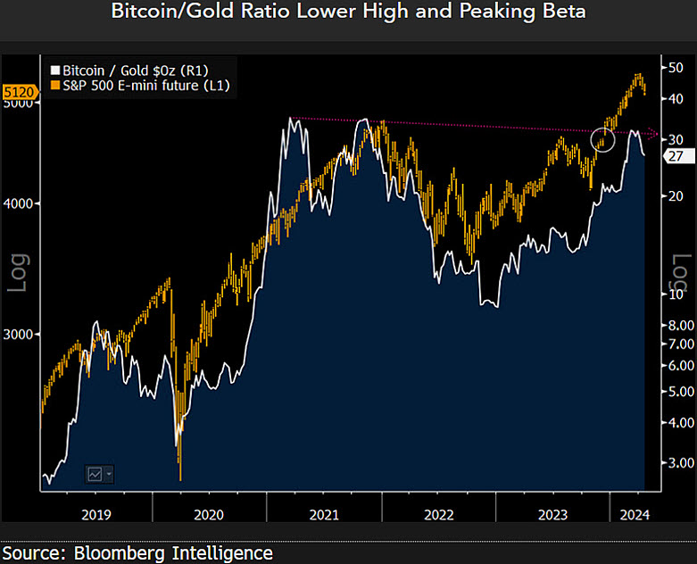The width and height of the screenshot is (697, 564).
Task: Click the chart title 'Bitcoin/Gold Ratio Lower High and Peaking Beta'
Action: pos(348,12)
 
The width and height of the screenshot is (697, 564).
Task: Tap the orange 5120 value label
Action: pos(19,91)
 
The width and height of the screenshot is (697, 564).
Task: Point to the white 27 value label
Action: pos(675,155)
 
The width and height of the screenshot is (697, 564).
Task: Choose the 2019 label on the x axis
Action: pos(95,514)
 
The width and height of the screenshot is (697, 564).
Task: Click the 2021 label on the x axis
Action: pos(324,514)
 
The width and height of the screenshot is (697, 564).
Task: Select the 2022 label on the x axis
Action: pos(439,514)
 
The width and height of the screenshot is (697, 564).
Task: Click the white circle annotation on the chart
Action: pos(604,140)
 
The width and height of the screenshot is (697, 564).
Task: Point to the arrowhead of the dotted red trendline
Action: pos(656,135)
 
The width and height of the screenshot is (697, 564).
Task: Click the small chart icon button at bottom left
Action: pos(98,474)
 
